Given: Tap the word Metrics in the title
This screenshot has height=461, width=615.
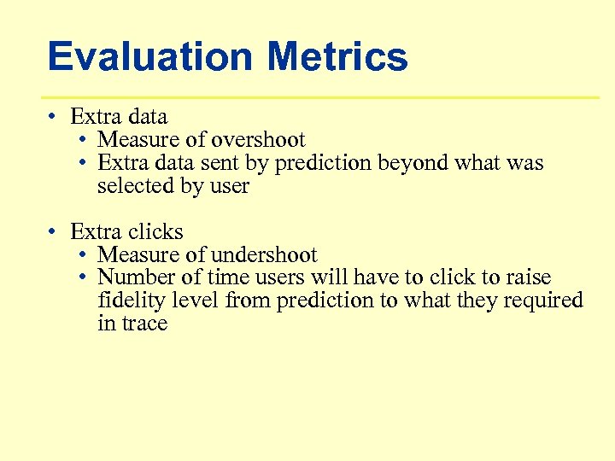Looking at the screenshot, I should pyautogui.click(x=337, y=57).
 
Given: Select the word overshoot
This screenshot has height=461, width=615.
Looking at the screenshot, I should pyautogui.click(x=258, y=139).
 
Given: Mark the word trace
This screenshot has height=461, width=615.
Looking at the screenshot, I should pyautogui.click(x=145, y=324).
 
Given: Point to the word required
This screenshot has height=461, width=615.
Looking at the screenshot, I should pyautogui.click(x=542, y=301).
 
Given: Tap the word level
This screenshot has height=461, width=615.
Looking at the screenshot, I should pyautogui.click(x=197, y=301).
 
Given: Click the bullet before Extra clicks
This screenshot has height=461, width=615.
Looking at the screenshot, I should pyautogui.click(x=53, y=231).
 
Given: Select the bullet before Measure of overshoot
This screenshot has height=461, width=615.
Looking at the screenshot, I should pyautogui.click(x=81, y=139).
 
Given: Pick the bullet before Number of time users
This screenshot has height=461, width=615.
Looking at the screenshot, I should pyautogui.click(x=81, y=277).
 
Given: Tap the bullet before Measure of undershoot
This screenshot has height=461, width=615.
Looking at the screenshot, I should pyautogui.click(x=81, y=254).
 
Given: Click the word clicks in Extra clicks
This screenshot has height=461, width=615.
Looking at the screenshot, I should pyautogui.click(x=155, y=231).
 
